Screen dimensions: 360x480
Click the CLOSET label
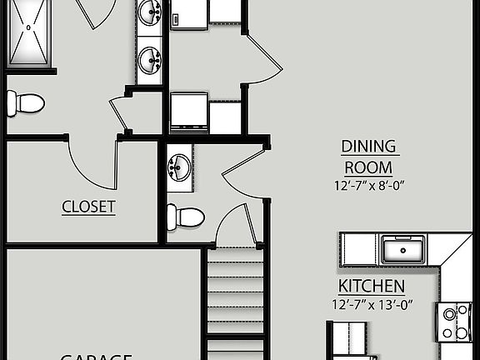point(88,207)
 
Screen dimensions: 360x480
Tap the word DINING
point(369,147)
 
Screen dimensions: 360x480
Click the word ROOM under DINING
point(369,167)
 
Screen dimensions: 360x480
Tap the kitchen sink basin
point(402,248)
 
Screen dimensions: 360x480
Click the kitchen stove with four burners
point(455,322)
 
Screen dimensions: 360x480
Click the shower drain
point(29,27)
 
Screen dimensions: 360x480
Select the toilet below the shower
point(25,103)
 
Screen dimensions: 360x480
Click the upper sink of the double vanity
point(150,12)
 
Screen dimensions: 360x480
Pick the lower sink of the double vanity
point(150,59)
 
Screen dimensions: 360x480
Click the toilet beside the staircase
point(185,217)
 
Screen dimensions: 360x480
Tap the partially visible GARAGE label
point(96,356)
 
